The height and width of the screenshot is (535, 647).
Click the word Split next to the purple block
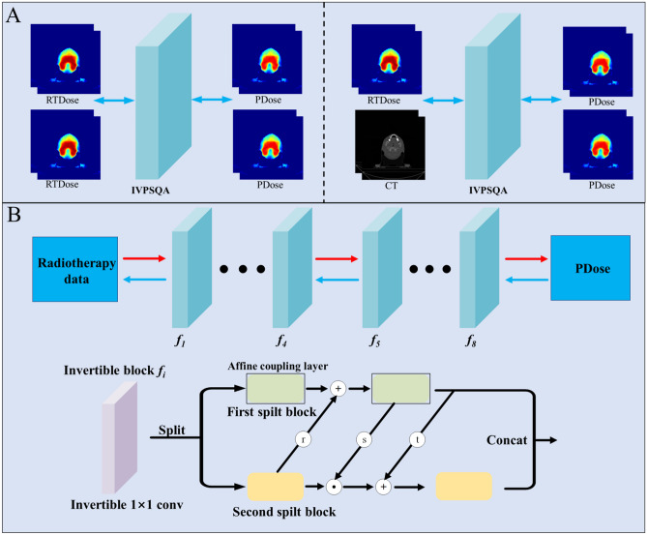(173, 429)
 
